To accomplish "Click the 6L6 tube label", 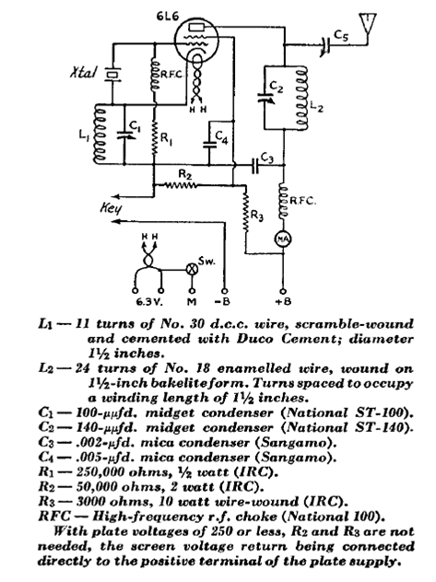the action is click(x=167, y=17).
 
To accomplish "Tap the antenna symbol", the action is click(x=367, y=24).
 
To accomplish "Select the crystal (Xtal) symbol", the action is click(x=112, y=75).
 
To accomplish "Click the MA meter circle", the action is click(x=283, y=239).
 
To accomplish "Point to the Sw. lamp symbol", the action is click(x=192, y=269).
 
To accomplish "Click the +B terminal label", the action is click(x=283, y=301).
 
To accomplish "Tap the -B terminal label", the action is click(x=222, y=301).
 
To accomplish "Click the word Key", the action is click(x=111, y=208).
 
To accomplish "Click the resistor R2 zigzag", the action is click(x=180, y=184).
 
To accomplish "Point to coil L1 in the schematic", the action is click(x=100, y=134).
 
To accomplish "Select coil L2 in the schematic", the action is click(x=301, y=98).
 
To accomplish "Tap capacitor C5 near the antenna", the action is click(x=325, y=46).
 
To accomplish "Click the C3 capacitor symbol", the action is click(x=255, y=165).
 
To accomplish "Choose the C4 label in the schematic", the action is click(x=221, y=138).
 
